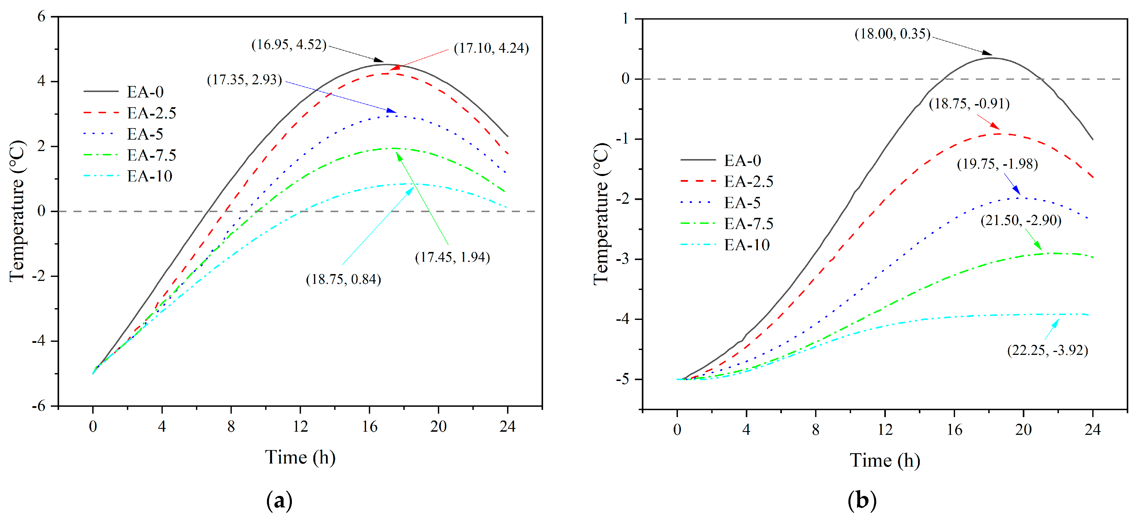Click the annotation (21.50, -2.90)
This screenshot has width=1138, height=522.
pos(1021,220)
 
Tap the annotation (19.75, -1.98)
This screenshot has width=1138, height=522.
pos(997,164)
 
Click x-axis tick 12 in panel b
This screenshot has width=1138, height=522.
pos(885,429)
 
